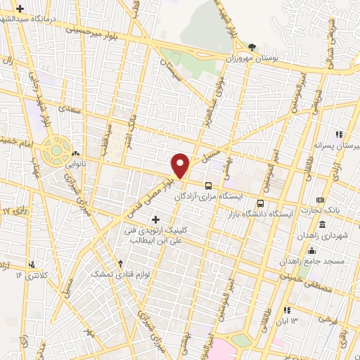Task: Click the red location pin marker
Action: [181, 166]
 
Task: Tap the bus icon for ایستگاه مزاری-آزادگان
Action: [208, 186]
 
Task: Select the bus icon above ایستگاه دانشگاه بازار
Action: [260, 203]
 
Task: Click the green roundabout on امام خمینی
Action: [53, 149]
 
